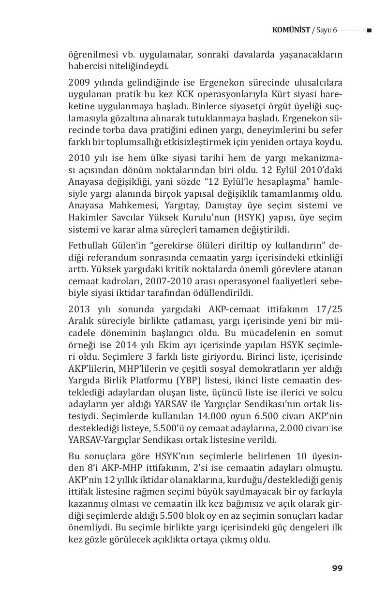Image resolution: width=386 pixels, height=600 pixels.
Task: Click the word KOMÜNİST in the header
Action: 291,30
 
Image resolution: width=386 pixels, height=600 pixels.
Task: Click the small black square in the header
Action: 369,30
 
